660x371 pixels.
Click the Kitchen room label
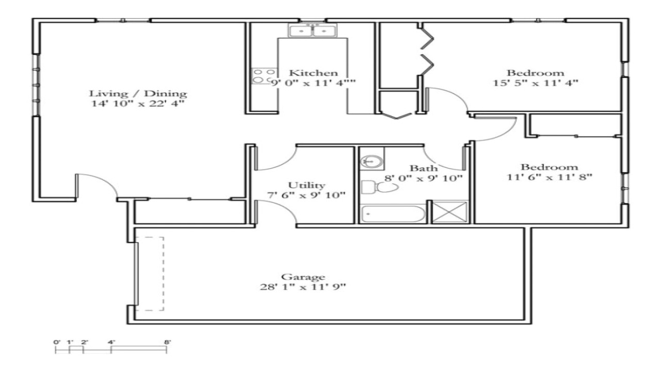point(313,73)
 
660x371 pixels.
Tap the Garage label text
point(303,277)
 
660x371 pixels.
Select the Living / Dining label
point(138,94)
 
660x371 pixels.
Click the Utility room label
point(306,185)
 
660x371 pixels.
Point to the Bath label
point(423,168)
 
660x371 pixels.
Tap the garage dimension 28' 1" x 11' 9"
point(303,287)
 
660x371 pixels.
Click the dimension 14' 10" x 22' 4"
point(138,104)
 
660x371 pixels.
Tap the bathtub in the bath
point(393,214)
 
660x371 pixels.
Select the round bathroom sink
point(370,161)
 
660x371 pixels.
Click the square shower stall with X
point(450,212)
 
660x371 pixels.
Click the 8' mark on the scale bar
point(167,342)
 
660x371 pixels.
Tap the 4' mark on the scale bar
point(111,342)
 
